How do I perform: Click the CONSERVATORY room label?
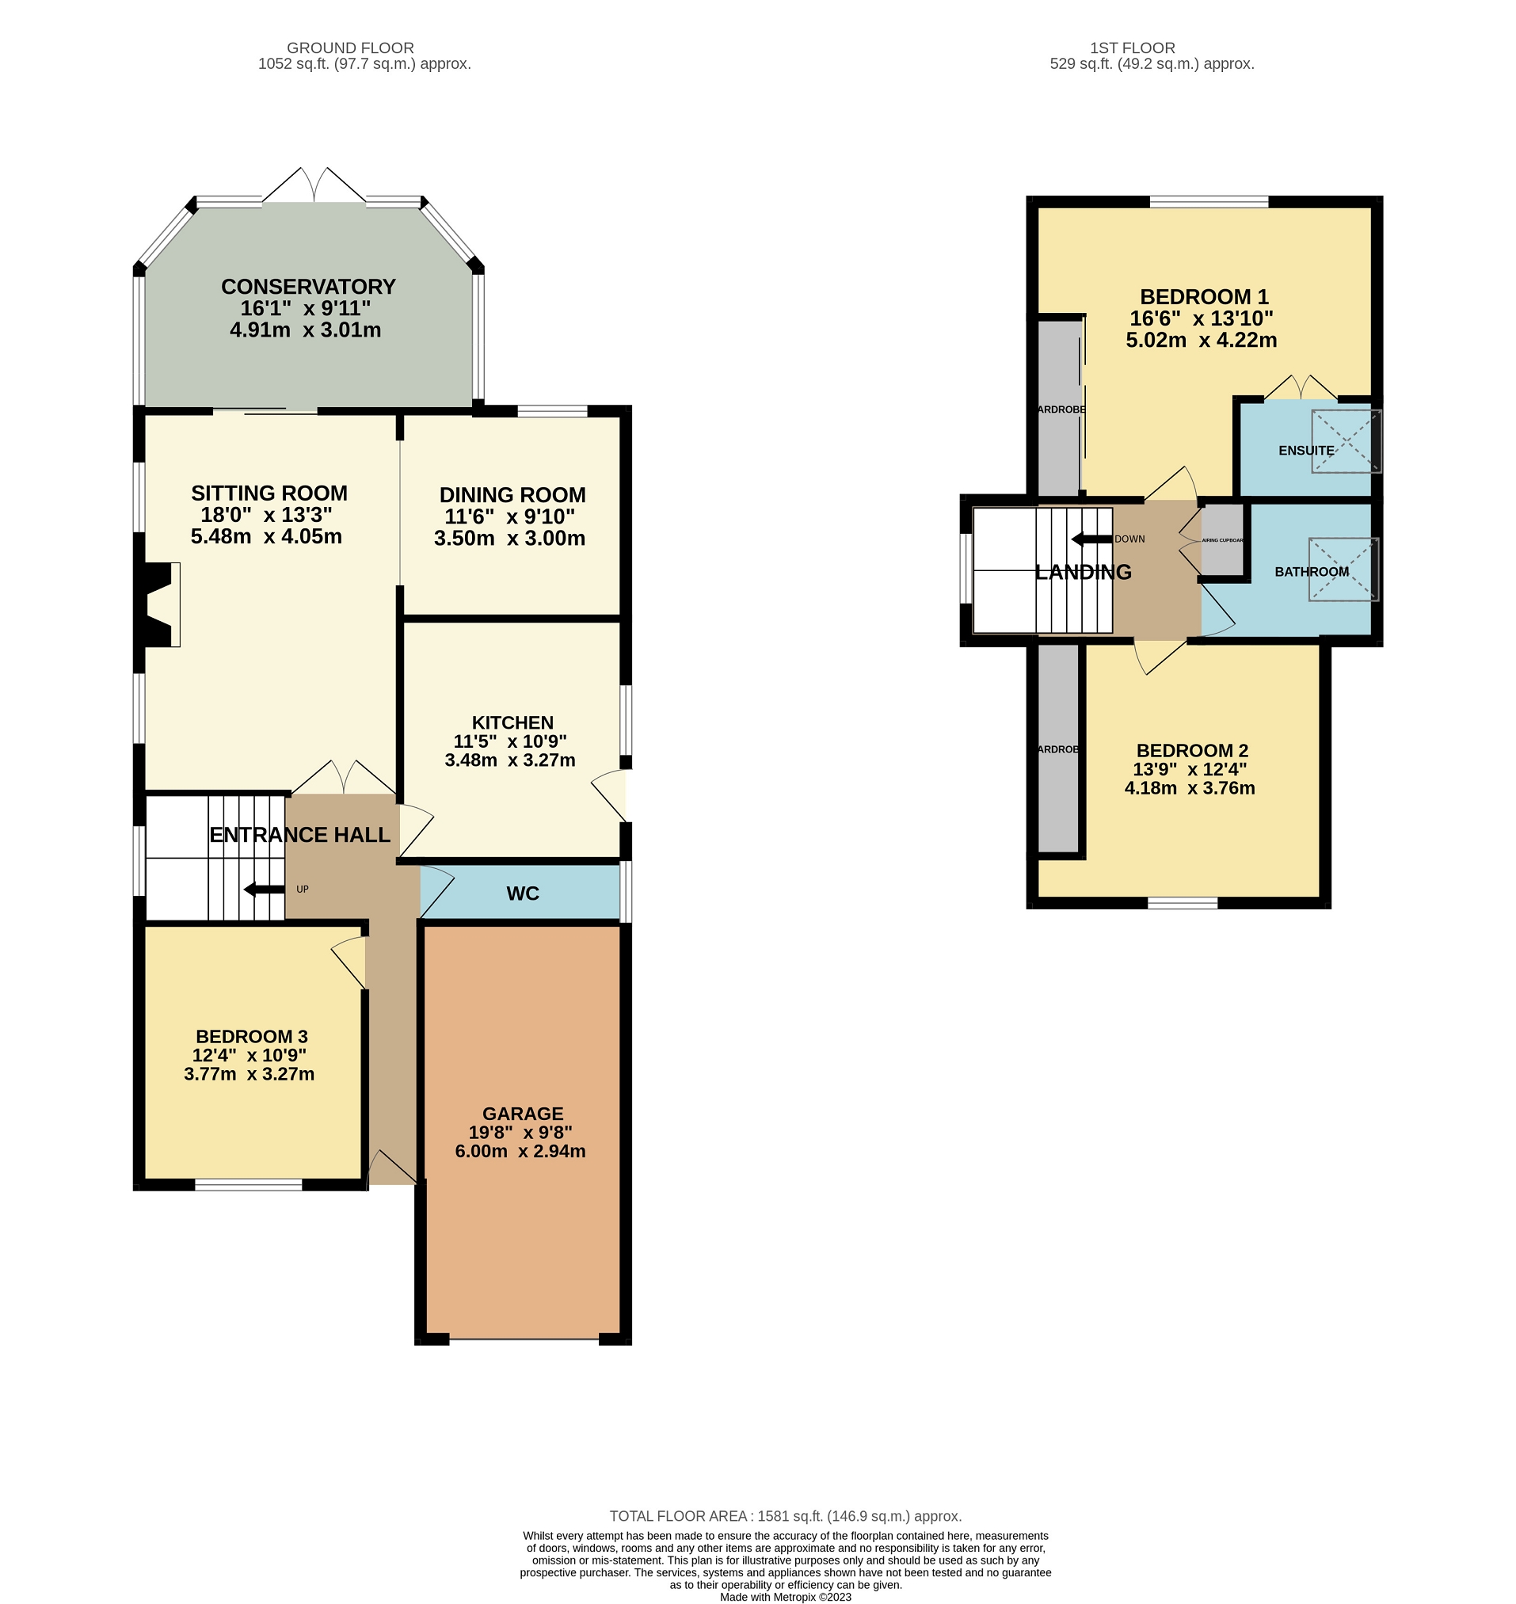pyautogui.click(x=308, y=287)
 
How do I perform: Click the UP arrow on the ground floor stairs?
pyautogui.click(x=265, y=890)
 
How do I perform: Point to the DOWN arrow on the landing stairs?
pyautogui.click(x=1091, y=539)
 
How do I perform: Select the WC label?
pyautogui.click(x=522, y=893)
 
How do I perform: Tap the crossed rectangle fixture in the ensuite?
pyautogui.click(x=1346, y=441)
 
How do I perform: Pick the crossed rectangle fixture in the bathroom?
pyautogui.click(x=1343, y=570)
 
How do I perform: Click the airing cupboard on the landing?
pyautogui.click(x=1223, y=539)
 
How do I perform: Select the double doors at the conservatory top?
pyautogui.click(x=314, y=186)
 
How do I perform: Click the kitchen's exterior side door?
pyautogui.click(x=611, y=795)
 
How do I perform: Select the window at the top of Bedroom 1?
pyautogui.click(x=1208, y=201)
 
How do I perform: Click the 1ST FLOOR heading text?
pyautogui.click(x=1132, y=48)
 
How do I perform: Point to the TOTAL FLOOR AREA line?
pyautogui.click(x=785, y=1517)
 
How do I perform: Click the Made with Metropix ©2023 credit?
pyautogui.click(x=785, y=1598)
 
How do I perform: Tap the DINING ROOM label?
pyautogui.click(x=512, y=494)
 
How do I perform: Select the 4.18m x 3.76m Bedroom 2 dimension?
pyautogui.click(x=1190, y=788)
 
